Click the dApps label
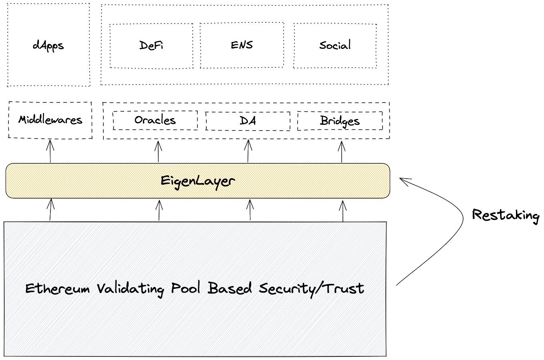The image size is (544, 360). click(x=48, y=46)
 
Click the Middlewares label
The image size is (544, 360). click(x=50, y=120)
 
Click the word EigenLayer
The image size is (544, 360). click(x=198, y=181)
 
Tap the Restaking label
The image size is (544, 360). click(x=506, y=215)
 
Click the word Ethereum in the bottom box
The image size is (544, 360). click(x=58, y=289)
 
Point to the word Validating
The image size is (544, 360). click(x=131, y=290)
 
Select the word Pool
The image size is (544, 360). click(x=186, y=288)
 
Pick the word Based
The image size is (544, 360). click(x=230, y=288)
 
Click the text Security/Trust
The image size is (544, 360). click(x=312, y=290)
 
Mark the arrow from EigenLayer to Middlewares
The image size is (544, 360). click(x=50, y=151)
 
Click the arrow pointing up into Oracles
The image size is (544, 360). click(x=158, y=152)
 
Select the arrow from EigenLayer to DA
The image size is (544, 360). click(x=248, y=151)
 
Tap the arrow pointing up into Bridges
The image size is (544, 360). click(x=342, y=152)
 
